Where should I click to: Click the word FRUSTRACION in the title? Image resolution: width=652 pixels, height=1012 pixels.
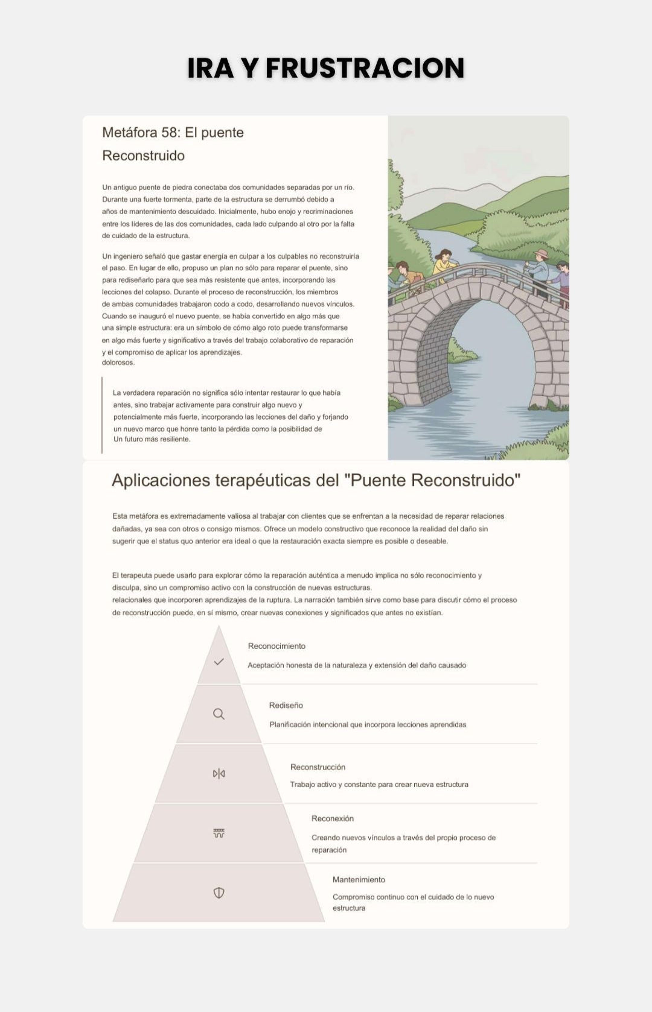[x=365, y=68]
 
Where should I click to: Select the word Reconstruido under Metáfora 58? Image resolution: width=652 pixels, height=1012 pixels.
[x=143, y=156]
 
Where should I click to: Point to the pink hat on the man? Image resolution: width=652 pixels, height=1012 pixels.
[x=541, y=254]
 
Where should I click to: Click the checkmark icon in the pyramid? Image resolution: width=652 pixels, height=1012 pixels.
[x=219, y=662]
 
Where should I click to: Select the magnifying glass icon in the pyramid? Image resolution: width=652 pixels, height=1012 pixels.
[x=219, y=714]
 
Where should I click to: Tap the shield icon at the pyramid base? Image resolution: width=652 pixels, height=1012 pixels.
[x=219, y=893]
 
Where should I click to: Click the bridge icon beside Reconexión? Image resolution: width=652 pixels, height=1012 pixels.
[x=219, y=833]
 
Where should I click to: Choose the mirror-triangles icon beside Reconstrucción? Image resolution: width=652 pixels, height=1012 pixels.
[x=219, y=774]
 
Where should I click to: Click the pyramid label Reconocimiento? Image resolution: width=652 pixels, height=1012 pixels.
[x=276, y=646]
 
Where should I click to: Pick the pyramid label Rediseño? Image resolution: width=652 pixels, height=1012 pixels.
[x=286, y=705]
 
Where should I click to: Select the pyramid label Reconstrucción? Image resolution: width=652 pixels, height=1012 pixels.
[x=318, y=767]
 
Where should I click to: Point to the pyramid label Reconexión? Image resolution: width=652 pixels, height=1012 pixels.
[x=333, y=818]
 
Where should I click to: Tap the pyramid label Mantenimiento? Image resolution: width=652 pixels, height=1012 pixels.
[x=359, y=880]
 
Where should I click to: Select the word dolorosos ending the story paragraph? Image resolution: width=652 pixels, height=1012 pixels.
[x=118, y=362]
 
